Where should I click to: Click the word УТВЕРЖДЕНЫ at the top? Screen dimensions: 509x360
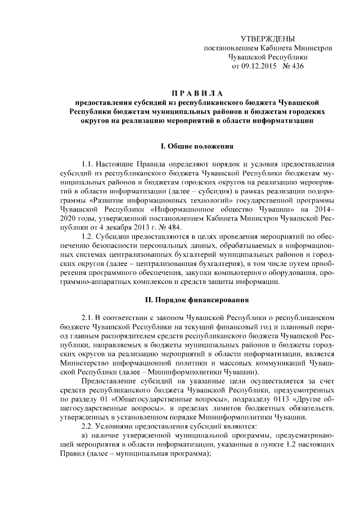[x=268, y=39]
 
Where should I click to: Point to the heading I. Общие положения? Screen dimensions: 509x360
[x=197, y=147]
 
